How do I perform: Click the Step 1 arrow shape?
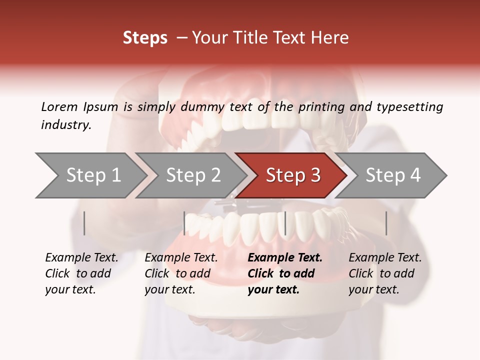92,175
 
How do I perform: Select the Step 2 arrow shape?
192,175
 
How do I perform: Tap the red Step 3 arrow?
292,175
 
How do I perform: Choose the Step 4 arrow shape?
392,175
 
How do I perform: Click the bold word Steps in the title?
145,38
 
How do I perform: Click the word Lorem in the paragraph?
59,106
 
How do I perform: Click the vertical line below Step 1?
84,223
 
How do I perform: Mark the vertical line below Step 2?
184,223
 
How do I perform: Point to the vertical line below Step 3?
285,223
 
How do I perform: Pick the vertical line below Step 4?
386,223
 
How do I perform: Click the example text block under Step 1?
81,273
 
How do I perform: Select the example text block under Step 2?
181,273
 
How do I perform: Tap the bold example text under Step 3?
284,273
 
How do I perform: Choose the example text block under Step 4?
385,273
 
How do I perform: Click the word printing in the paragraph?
321,106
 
